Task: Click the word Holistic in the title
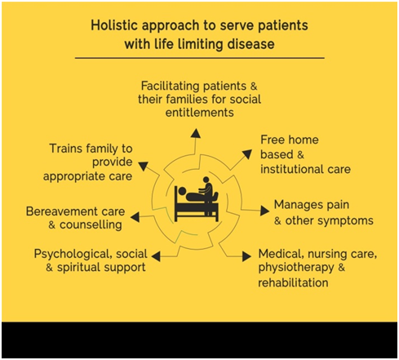click(115, 25)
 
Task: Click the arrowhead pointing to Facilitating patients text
click(196, 133)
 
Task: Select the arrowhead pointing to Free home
click(247, 154)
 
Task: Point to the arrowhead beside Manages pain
click(264, 211)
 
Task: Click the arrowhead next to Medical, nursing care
click(246, 256)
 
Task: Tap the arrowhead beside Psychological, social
click(156, 256)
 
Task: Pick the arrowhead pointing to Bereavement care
click(135, 217)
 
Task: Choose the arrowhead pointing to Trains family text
click(144, 166)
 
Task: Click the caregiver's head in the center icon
click(206, 180)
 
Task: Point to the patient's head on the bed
click(182, 191)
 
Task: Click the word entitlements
click(200, 113)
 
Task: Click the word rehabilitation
click(293, 282)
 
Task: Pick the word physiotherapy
click(296, 268)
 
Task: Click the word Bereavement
click(62, 211)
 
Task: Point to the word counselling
click(91, 225)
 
